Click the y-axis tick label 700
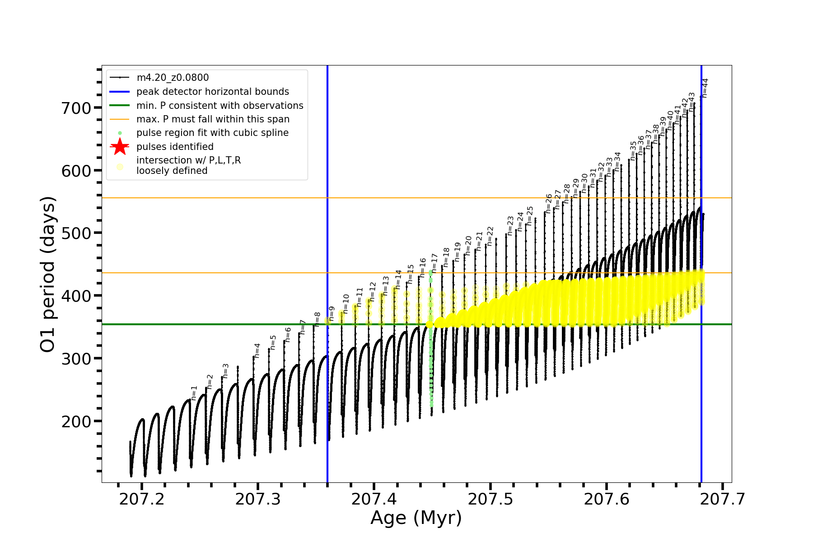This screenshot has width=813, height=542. pyautogui.click(x=76, y=108)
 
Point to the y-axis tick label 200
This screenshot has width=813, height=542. pyautogui.click(x=76, y=421)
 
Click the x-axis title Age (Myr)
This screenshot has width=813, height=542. pyautogui.click(x=416, y=518)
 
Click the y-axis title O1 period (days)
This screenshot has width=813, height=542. pyautogui.click(x=47, y=274)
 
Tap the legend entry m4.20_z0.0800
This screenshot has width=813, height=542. pyautogui.click(x=173, y=78)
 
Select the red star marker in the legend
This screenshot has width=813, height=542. pyautogui.click(x=120, y=147)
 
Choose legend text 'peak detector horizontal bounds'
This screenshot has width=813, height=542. pyautogui.click(x=213, y=92)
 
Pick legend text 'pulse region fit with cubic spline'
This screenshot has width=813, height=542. pyautogui.click(x=212, y=133)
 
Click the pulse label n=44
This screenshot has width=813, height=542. pyautogui.click(x=705, y=88)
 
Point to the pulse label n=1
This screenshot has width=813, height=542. pyautogui.click(x=194, y=393)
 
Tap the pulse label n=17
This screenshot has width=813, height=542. pyautogui.click(x=435, y=263)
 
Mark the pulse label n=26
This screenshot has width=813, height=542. pyautogui.click(x=549, y=203)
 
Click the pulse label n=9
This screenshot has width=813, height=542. pyautogui.click(x=332, y=313)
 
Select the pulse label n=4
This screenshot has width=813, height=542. pyautogui.click(x=257, y=350)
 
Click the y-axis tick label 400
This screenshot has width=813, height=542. pyautogui.click(x=76, y=296)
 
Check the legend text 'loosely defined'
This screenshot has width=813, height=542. pyautogui.click(x=172, y=171)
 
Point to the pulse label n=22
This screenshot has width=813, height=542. pyautogui.click(x=491, y=236)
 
